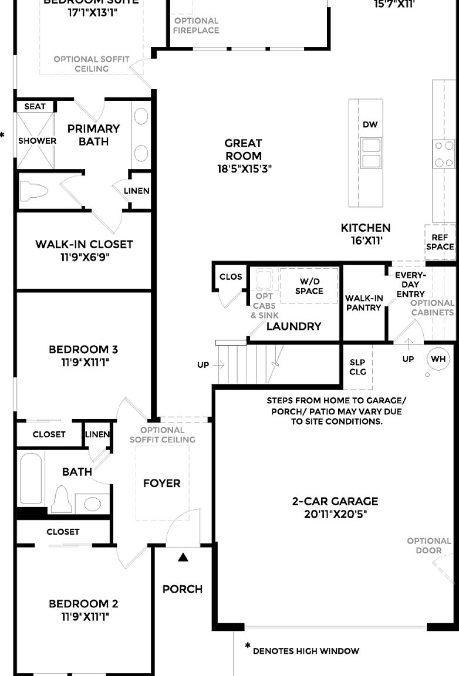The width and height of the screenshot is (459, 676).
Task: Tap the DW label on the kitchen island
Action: pos(370,124)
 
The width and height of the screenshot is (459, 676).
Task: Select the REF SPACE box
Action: pos(440,242)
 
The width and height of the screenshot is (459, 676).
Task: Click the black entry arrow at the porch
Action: pos(183,557)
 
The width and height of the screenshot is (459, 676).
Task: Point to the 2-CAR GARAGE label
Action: pos(335,501)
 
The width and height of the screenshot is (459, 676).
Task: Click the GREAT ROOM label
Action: pos(244,149)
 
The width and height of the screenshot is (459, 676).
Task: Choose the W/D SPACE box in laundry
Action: pos(309,286)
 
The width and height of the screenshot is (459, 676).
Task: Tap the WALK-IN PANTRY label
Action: pos(364,302)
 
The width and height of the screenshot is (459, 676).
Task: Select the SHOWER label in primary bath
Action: pos(37,141)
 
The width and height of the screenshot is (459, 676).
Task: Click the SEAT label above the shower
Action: pos(35,106)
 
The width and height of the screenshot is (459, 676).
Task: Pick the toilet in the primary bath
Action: pos(33,191)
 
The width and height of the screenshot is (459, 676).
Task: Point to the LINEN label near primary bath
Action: pos(137,191)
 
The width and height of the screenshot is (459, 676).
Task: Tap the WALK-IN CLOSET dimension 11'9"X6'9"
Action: pos(84,256)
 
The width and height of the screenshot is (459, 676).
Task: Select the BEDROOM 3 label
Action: pos(84,350)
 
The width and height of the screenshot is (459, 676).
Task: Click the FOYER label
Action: pos(162,483)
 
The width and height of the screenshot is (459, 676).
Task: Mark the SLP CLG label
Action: pos(357,367)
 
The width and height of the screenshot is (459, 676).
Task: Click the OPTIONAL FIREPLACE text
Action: pos(196,25)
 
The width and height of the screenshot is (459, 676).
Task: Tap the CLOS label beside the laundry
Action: pos(231,277)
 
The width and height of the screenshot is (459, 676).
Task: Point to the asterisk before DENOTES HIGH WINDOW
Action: pos(248,647)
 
